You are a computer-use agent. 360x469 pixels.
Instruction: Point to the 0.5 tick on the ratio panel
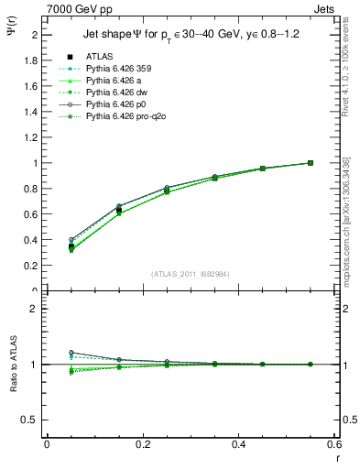click(x=31, y=420)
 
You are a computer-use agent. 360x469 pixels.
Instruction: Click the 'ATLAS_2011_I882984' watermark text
click(x=190, y=274)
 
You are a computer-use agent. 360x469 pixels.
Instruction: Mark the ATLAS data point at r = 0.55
click(x=311, y=163)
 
